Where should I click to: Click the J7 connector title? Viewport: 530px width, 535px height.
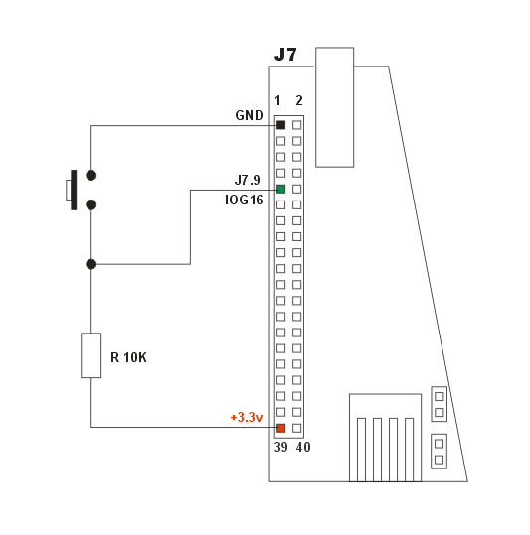(285, 55)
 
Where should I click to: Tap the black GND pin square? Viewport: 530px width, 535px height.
(280, 125)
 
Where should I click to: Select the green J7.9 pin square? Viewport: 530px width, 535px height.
(280, 189)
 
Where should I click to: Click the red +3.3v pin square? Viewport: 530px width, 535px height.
(280, 428)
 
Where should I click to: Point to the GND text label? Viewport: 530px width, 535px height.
(250, 115)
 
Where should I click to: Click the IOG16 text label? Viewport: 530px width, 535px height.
(244, 200)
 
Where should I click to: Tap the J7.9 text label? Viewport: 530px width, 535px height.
(247, 180)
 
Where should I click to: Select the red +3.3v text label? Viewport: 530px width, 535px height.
(247, 417)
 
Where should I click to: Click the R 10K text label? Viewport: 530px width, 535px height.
(129, 357)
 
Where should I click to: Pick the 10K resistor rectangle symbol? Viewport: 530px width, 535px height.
(90, 355)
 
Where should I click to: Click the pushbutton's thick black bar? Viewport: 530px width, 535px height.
(74, 190)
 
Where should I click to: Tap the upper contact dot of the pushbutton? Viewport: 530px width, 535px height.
(90, 175)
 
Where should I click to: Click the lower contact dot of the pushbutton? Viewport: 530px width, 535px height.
(90, 204)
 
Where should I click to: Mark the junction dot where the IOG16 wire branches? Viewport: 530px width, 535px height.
(90, 264)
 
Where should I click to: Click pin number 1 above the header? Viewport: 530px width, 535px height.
(277, 100)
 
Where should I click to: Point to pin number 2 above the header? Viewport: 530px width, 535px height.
(299, 100)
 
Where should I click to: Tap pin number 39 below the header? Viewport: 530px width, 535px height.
(281, 447)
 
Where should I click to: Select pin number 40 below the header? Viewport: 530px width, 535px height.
(303, 447)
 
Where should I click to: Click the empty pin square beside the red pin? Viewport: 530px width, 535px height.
(297, 428)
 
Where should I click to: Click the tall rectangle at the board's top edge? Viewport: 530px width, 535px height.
(334, 107)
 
